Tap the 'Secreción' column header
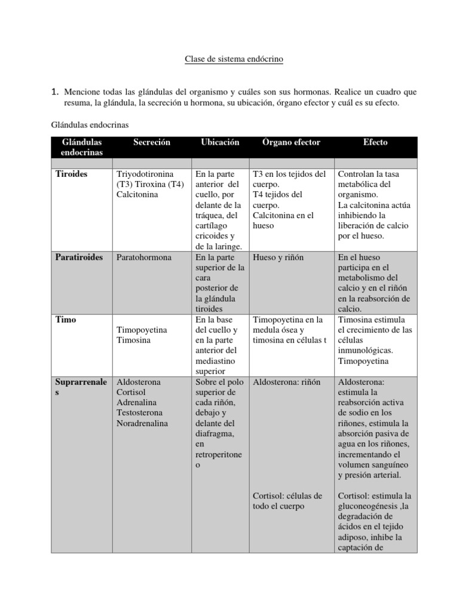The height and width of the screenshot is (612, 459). [152, 142]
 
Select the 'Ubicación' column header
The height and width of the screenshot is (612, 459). [220, 142]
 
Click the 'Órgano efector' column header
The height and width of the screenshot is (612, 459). [292, 142]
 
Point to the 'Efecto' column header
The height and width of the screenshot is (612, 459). [375, 142]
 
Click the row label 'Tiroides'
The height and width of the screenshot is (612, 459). [71, 174]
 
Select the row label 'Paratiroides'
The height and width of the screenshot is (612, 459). [79, 257]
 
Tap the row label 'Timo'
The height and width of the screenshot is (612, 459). [66, 319]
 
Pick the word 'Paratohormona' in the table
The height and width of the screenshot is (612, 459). [144, 257]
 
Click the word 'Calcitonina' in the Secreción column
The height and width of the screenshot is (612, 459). [138, 195]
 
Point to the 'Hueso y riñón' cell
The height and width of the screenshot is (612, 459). [279, 257]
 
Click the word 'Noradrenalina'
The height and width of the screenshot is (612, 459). [143, 423]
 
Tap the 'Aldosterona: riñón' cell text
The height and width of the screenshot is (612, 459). [287, 381]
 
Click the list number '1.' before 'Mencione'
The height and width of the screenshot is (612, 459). [54, 92]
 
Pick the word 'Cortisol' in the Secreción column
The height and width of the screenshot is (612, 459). [131, 392]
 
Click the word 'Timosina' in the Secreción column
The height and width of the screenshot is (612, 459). [134, 340]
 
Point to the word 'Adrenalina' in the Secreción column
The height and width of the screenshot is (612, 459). [137, 402]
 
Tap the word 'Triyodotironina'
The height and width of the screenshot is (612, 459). [145, 174]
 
